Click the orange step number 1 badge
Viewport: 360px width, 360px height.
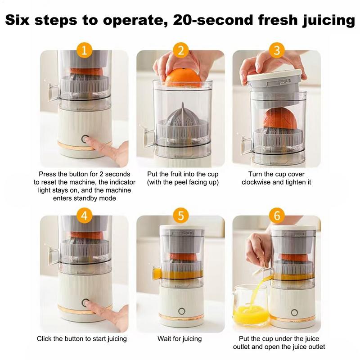[x=84, y=50]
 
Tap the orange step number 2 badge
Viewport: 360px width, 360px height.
[x=180, y=50]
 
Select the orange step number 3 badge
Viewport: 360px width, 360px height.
[x=277, y=50]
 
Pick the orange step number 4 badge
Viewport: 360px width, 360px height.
[x=84, y=215]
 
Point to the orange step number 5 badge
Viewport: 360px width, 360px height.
[x=180, y=215]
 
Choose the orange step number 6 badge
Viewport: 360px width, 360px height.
[x=277, y=215]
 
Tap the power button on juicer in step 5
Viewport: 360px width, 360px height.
[x=182, y=311]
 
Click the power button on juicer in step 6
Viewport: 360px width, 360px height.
[x=294, y=312]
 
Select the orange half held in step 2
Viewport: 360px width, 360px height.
[x=182, y=78]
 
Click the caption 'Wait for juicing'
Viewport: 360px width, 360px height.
[x=180, y=338]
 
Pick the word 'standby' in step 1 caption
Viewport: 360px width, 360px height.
[x=97, y=198]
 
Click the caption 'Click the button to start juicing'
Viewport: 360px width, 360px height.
[x=82, y=338]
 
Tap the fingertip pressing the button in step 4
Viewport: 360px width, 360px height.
[x=92, y=306]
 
